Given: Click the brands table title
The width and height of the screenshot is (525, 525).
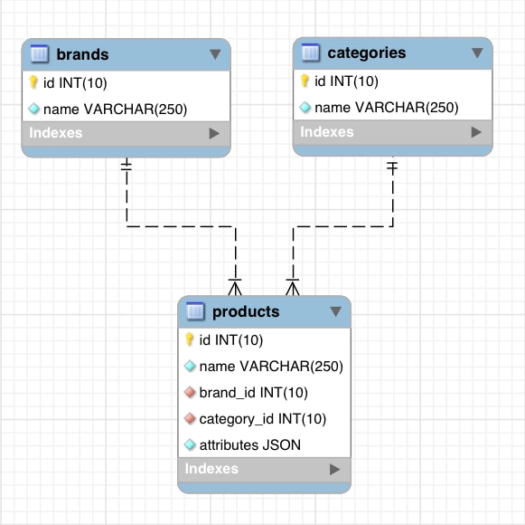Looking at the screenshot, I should pyautogui.click(x=82, y=54).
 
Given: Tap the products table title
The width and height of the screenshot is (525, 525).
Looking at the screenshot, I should pyautogui.click(x=246, y=312).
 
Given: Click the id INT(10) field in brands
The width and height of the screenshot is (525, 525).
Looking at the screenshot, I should pyautogui.click(x=75, y=83).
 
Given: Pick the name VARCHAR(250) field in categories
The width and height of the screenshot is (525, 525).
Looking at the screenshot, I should pyautogui.click(x=386, y=108).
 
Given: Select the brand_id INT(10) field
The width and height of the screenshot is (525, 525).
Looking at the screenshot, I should pyautogui.click(x=253, y=393).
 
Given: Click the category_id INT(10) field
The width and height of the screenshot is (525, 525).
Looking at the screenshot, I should pyautogui.click(x=262, y=419).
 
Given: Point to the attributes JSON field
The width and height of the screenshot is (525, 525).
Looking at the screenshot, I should pyautogui.click(x=249, y=444).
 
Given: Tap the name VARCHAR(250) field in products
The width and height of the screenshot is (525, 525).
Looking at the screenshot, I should pyautogui.click(x=270, y=367).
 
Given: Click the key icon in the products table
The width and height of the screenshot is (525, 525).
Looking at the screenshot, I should pyautogui.click(x=190, y=340).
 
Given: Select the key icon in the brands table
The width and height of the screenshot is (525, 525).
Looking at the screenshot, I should pyautogui.click(x=33, y=83).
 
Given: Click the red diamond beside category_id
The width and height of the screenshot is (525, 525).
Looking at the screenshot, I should pyautogui.click(x=190, y=419).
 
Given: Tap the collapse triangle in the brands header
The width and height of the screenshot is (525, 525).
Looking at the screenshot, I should pyautogui.click(x=214, y=54).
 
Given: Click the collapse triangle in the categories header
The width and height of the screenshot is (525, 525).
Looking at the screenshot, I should pyautogui.click(x=477, y=52).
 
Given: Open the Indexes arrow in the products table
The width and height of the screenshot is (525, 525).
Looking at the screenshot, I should pyautogui.click(x=334, y=469).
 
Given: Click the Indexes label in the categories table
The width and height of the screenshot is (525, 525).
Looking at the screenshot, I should pyautogui.click(x=327, y=132).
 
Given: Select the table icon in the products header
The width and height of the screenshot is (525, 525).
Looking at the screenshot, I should pyautogui.click(x=195, y=312).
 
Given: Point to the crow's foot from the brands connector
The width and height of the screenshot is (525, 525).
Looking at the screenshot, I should pyautogui.click(x=236, y=288).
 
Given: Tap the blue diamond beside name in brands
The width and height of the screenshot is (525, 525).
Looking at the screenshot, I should pyautogui.click(x=33, y=110).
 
